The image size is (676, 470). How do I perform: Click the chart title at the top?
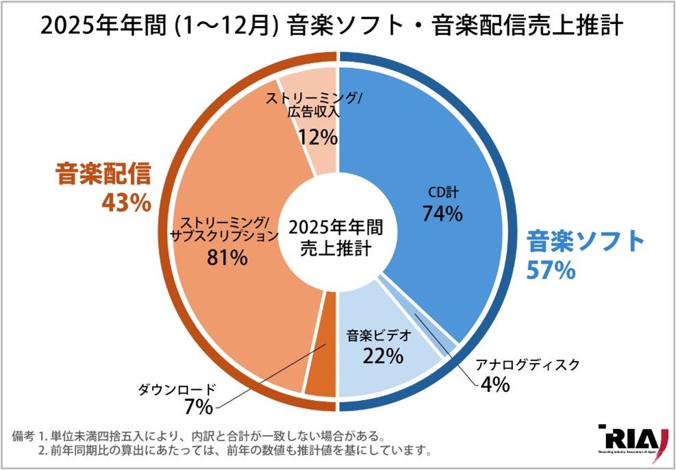[331, 27]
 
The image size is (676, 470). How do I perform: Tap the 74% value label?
[442, 214]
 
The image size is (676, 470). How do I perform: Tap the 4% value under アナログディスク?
[494, 384]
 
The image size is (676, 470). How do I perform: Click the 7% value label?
[198, 407]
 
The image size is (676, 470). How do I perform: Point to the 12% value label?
[317, 137]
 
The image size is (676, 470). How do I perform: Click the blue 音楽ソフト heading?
[586, 242]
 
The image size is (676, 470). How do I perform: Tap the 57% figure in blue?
[551, 270]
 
